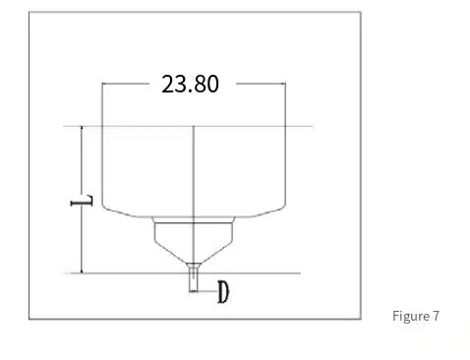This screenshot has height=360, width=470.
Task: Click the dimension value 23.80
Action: (190, 84)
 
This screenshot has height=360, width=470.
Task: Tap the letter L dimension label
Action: (82, 201)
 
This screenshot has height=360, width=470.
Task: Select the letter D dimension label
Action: (223, 292)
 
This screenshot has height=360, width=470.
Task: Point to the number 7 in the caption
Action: (436, 316)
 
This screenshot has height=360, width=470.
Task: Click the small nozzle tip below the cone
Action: (193, 278)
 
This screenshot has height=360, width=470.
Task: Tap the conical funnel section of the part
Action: (194, 243)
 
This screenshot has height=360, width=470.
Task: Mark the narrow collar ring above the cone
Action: (194, 219)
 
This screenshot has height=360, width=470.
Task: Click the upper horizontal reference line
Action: (189, 126)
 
